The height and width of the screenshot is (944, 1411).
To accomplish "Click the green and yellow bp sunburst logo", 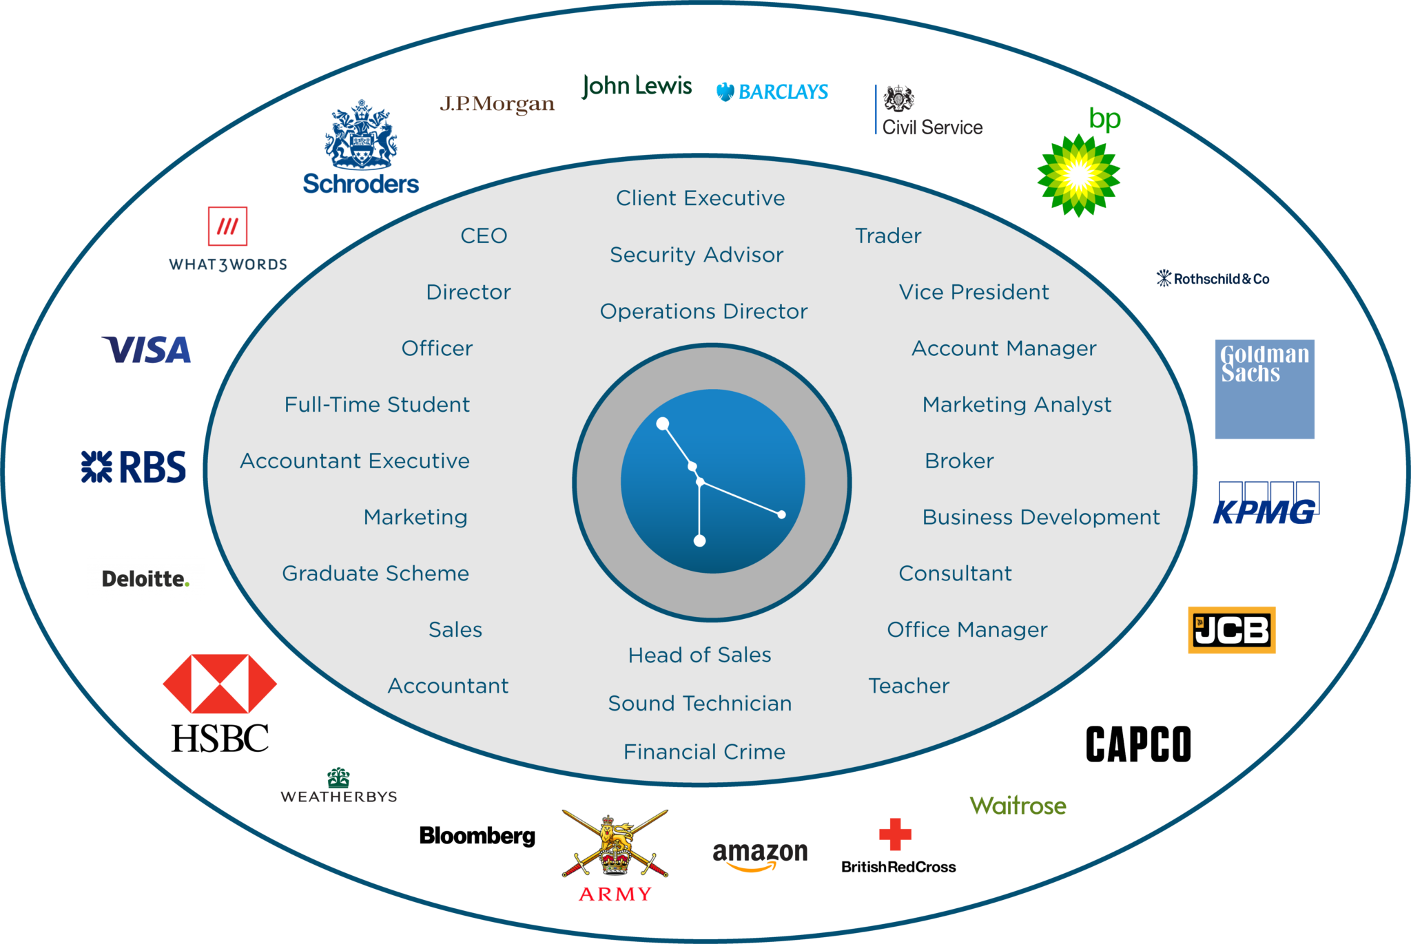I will click(x=1078, y=176).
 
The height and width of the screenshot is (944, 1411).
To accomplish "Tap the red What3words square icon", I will click(x=227, y=226).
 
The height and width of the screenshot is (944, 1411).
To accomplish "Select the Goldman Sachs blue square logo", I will click(x=1264, y=389).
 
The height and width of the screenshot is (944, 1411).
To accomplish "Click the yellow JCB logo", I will click(x=1232, y=630).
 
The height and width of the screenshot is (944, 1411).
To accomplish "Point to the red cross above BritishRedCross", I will click(x=895, y=835).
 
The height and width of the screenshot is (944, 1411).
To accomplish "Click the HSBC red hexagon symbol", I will click(x=220, y=684).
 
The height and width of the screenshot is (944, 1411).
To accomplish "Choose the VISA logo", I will click(x=146, y=350).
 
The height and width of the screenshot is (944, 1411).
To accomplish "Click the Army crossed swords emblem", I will click(x=615, y=844).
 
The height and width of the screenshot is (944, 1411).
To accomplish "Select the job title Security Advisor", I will click(x=697, y=255).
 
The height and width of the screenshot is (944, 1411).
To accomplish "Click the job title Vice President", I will click(x=974, y=292).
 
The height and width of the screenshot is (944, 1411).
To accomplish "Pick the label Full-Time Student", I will click(x=377, y=404).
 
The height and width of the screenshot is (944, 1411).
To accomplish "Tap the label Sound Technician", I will click(x=700, y=703).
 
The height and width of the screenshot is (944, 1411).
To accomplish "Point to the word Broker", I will click(x=959, y=461).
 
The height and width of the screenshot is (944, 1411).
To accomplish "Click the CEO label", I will click(x=484, y=235).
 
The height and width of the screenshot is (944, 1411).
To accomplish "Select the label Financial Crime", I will click(x=704, y=751).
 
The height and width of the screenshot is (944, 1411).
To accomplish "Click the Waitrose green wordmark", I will click(x=1018, y=806).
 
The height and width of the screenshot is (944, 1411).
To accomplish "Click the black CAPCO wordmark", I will click(x=1138, y=744).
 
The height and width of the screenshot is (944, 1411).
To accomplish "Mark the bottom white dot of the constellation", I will click(x=699, y=541).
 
